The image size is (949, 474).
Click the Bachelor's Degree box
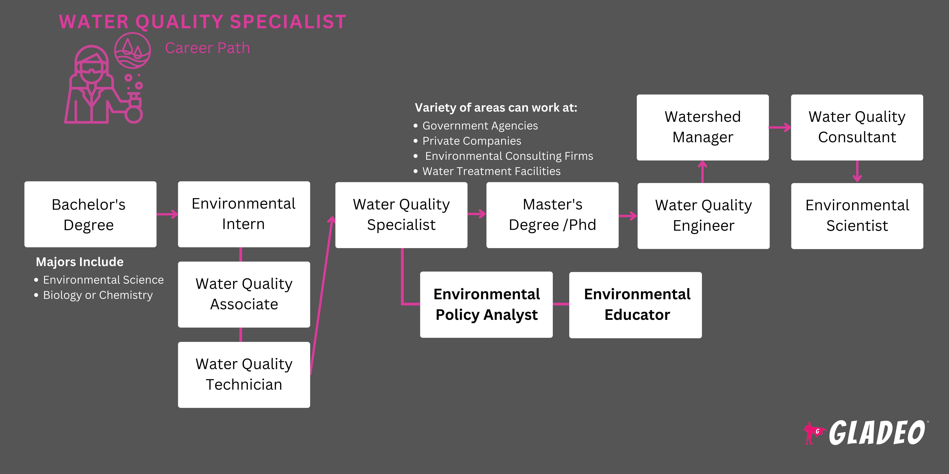click(x=90, y=214)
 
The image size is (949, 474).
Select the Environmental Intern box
click(x=244, y=214)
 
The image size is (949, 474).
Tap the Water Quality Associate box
click(x=244, y=294)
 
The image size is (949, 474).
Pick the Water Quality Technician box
click(x=244, y=375)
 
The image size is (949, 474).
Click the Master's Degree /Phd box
click(x=552, y=215)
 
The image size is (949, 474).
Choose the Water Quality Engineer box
click(x=703, y=216)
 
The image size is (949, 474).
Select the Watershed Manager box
click(x=703, y=127)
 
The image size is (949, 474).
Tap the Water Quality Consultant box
click(x=857, y=127)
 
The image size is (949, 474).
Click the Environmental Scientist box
click(x=857, y=216)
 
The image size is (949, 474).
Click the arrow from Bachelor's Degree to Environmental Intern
click(x=167, y=214)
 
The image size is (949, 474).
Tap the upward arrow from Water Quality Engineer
click(x=703, y=171)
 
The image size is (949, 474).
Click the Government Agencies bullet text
click(x=480, y=126)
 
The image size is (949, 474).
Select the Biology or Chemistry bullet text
click(x=98, y=295)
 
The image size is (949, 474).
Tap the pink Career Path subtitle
click(x=207, y=48)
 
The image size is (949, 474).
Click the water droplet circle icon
click(x=132, y=50)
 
